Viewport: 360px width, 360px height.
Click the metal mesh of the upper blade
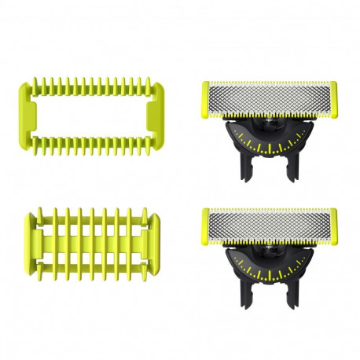pos(270,97)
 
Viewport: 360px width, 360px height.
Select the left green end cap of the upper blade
pos(206,97)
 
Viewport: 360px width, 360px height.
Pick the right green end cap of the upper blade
pos(333,97)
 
